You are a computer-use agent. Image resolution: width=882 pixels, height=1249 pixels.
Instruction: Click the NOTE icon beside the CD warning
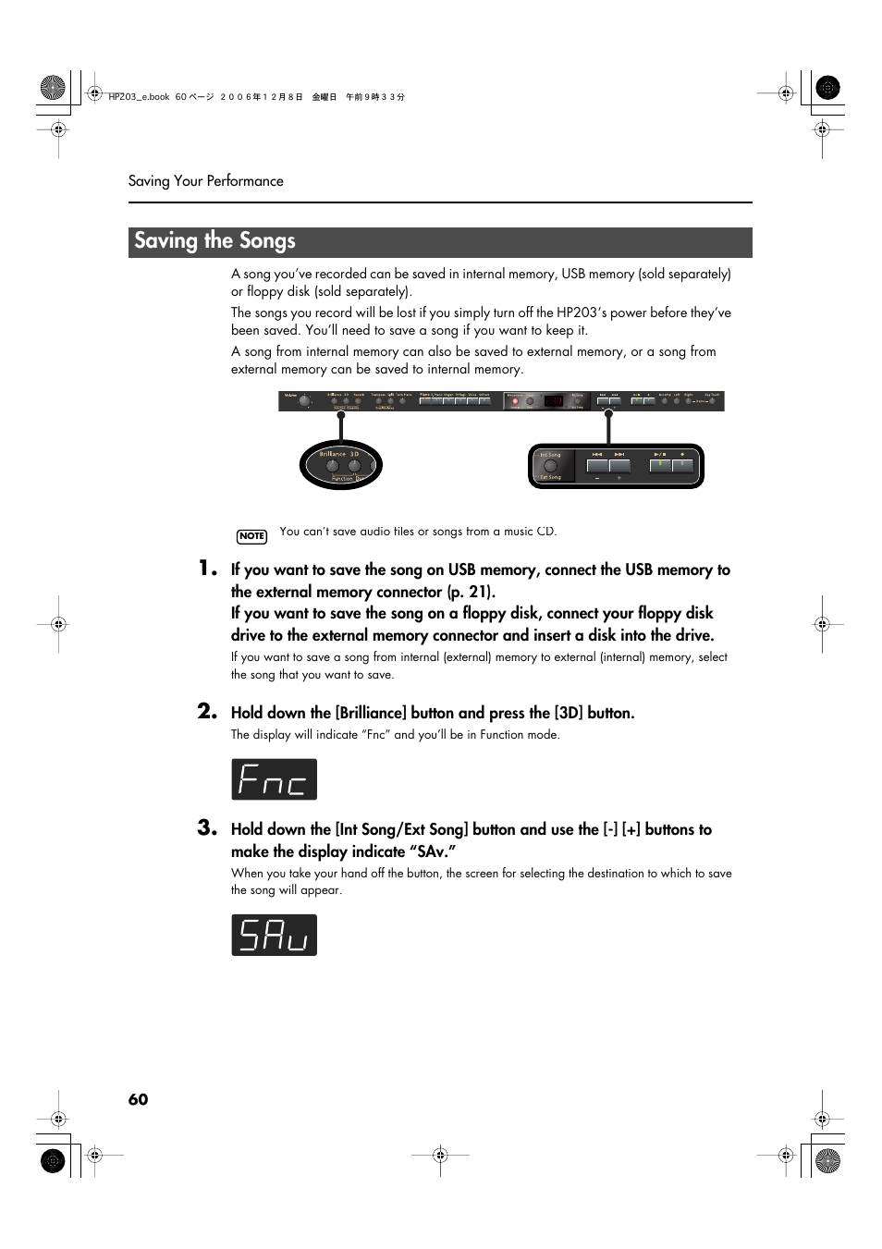(251, 536)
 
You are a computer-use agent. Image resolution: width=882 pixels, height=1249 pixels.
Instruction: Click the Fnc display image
(274, 779)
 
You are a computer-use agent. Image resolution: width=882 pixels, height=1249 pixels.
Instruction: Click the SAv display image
(274, 935)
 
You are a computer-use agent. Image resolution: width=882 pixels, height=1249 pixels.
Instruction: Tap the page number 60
(138, 1099)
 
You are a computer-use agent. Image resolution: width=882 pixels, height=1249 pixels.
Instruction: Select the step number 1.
(207, 569)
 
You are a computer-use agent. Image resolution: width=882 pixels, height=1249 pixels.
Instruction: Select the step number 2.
(207, 711)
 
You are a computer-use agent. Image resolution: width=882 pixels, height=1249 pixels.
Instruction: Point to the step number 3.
(207, 827)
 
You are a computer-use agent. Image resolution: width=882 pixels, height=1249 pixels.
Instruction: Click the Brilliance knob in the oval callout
(333, 466)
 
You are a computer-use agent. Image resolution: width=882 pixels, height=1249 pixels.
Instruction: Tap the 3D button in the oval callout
(354, 466)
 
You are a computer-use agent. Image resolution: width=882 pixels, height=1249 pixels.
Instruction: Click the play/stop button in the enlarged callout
(660, 465)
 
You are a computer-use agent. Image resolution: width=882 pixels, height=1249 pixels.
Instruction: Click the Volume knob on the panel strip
(304, 401)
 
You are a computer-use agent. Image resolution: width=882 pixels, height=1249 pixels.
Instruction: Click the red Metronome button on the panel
(515, 402)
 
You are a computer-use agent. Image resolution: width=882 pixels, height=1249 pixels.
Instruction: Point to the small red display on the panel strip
(554, 401)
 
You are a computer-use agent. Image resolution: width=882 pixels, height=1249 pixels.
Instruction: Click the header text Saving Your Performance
(206, 181)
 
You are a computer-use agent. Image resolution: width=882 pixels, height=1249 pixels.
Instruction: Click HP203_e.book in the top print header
(139, 97)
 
